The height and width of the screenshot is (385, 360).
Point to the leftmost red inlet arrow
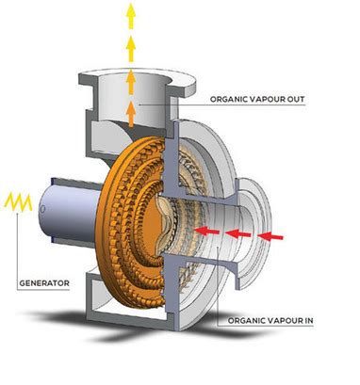pos(208,230)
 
